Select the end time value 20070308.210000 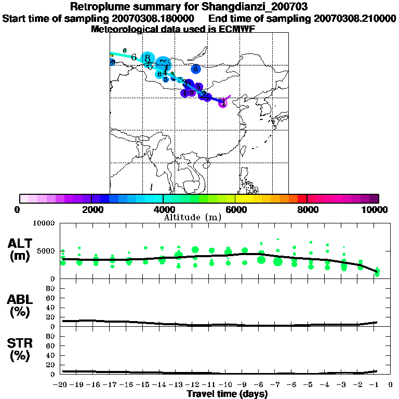click(356, 19)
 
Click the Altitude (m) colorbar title click(193, 217)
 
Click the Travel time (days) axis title click(227, 394)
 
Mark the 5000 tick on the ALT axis click(46, 251)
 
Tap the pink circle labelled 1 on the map click(223, 103)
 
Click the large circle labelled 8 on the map click(148, 58)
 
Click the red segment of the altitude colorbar click(301, 198)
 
